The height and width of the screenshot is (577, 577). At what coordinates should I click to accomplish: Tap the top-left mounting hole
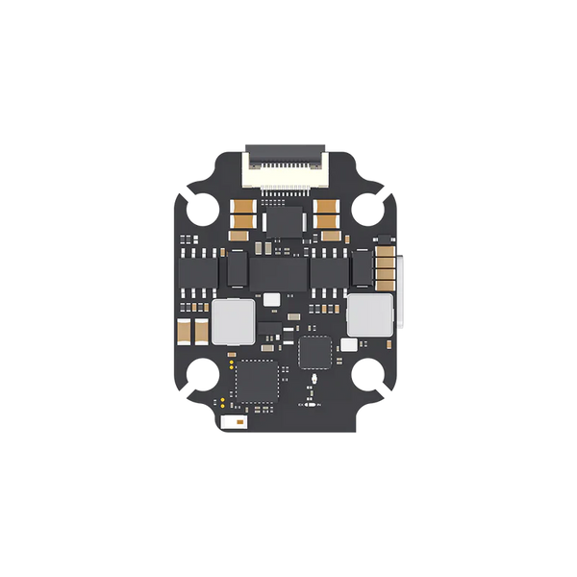[x=203, y=207]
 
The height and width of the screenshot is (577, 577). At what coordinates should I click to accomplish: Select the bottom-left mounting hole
[x=203, y=372]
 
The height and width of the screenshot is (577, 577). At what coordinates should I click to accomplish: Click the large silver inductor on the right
[x=368, y=315]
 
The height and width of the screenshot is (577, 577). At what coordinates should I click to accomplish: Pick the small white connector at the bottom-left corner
[x=232, y=422]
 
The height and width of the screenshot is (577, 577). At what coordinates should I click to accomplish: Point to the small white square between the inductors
[x=272, y=300]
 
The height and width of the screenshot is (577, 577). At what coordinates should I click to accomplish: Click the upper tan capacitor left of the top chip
[x=243, y=206]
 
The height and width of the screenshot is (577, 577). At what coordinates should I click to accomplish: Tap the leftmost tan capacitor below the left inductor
[x=186, y=333]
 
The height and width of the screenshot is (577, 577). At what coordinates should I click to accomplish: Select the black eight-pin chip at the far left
[x=199, y=272]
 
